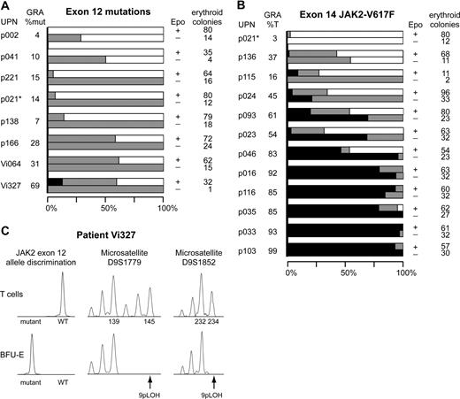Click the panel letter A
(7, 7)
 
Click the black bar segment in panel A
(56, 181)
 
